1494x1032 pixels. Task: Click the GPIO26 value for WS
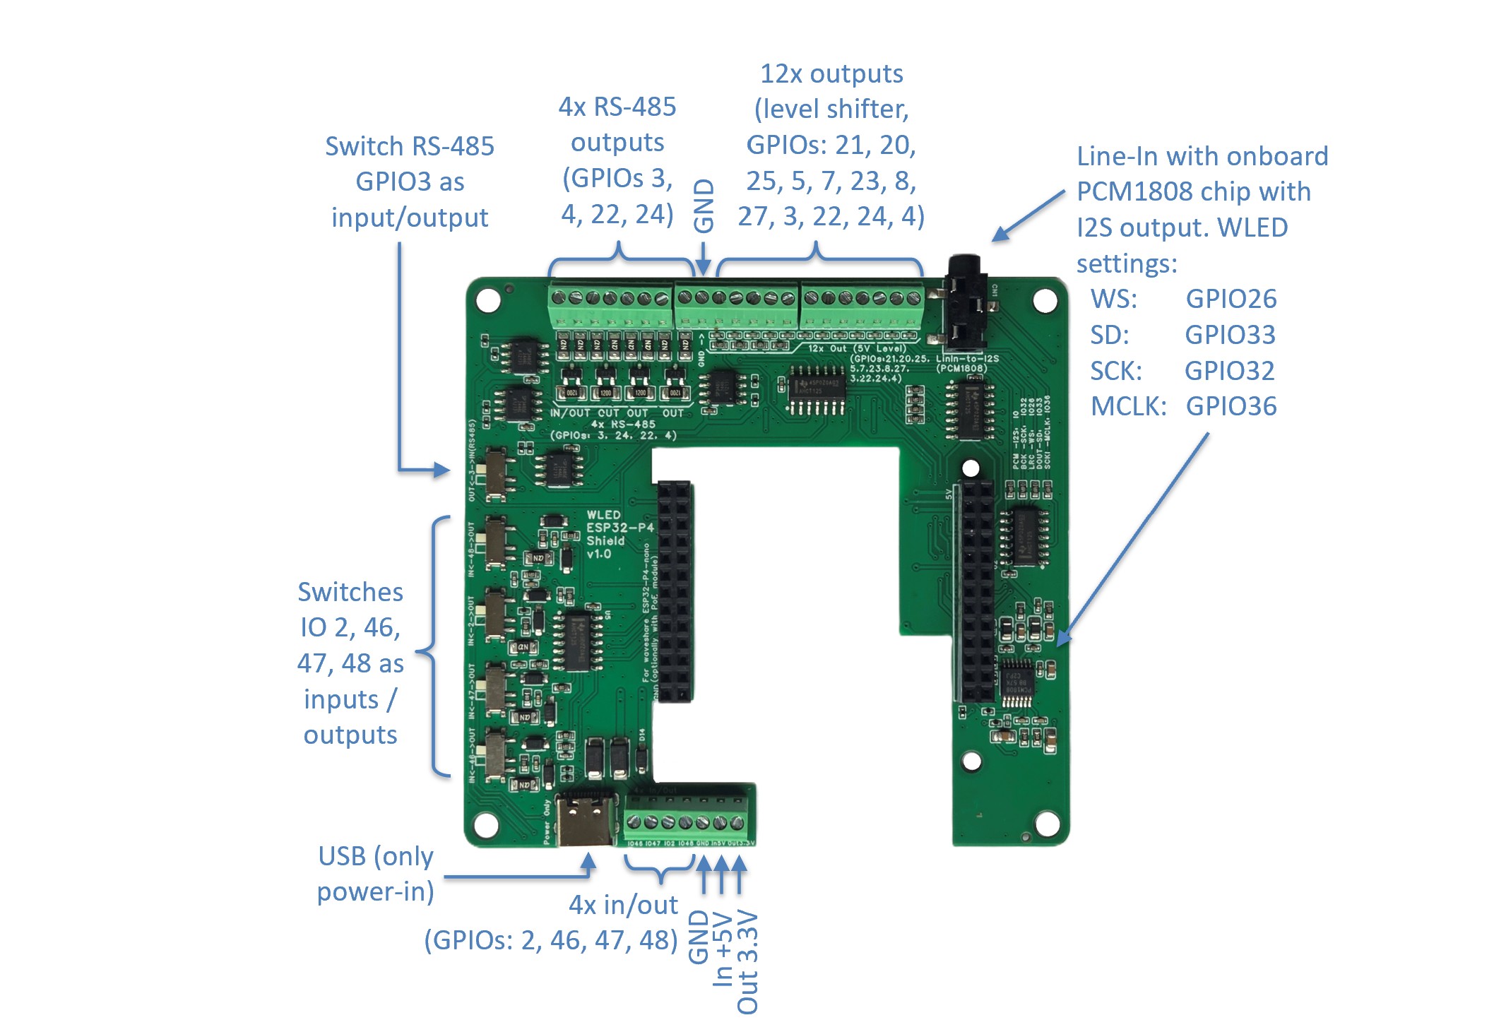click(x=1231, y=299)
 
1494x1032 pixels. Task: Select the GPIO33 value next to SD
click(x=1230, y=335)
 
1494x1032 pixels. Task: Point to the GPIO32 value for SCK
click(x=1229, y=371)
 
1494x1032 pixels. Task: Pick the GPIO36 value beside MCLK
click(x=1231, y=407)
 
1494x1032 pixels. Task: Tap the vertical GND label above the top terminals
click(x=704, y=205)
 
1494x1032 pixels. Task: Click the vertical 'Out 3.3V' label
click(x=747, y=962)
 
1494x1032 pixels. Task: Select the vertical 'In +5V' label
click(x=723, y=948)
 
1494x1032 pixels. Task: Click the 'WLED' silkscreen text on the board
click(x=603, y=515)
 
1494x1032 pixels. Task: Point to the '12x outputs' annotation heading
click(x=831, y=73)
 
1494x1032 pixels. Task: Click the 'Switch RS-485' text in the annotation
click(x=409, y=146)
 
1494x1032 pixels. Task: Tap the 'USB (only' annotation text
click(x=375, y=856)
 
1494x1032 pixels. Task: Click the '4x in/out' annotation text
click(x=623, y=905)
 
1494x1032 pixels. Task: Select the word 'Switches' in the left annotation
click(x=350, y=592)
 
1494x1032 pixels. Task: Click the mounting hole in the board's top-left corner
click(x=488, y=299)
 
